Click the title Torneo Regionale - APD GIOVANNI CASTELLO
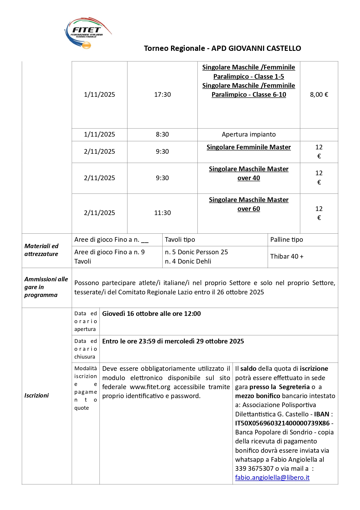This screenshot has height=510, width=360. (222, 48)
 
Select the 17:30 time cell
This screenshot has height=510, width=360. (162, 94)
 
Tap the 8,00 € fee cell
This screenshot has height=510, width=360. (319, 94)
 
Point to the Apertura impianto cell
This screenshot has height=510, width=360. (249, 134)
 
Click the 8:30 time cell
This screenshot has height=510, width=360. (162, 134)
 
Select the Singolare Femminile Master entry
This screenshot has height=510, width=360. (249, 147)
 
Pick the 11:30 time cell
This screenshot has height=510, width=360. (162, 213)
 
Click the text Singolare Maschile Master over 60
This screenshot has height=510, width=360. (249, 204)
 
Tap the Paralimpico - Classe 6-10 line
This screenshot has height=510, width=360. (249, 95)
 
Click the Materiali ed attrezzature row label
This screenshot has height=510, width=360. (41, 250)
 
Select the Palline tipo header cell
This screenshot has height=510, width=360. (287, 239)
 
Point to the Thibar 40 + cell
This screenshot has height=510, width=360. (287, 256)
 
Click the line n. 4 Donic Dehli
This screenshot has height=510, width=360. (188, 261)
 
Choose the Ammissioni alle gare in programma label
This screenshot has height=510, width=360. (46, 287)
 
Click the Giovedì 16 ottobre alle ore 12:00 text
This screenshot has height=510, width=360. (151, 314)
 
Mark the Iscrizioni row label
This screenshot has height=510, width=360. (37, 396)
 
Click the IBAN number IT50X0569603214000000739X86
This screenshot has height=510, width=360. (282, 423)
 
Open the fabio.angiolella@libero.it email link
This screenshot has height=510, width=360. (272, 478)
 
